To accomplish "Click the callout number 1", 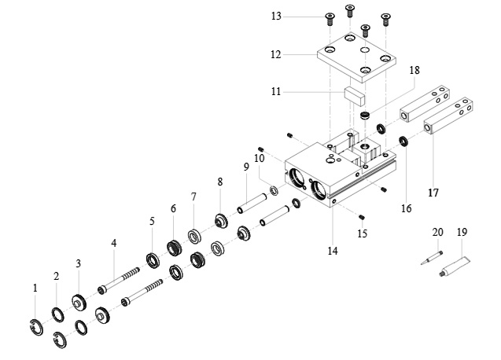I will [35, 288].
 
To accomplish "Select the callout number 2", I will [56, 276].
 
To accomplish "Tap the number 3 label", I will [78, 263].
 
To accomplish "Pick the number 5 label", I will [152, 222].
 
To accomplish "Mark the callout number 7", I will [193, 196].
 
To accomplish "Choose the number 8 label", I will [220, 182].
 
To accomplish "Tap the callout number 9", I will [246, 167].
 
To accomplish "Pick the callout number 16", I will [406, 208].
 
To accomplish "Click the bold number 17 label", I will [432, 192].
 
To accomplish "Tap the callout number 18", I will [414, 71].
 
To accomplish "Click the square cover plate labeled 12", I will [353, 59].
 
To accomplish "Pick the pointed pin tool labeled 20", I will [429, 260].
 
